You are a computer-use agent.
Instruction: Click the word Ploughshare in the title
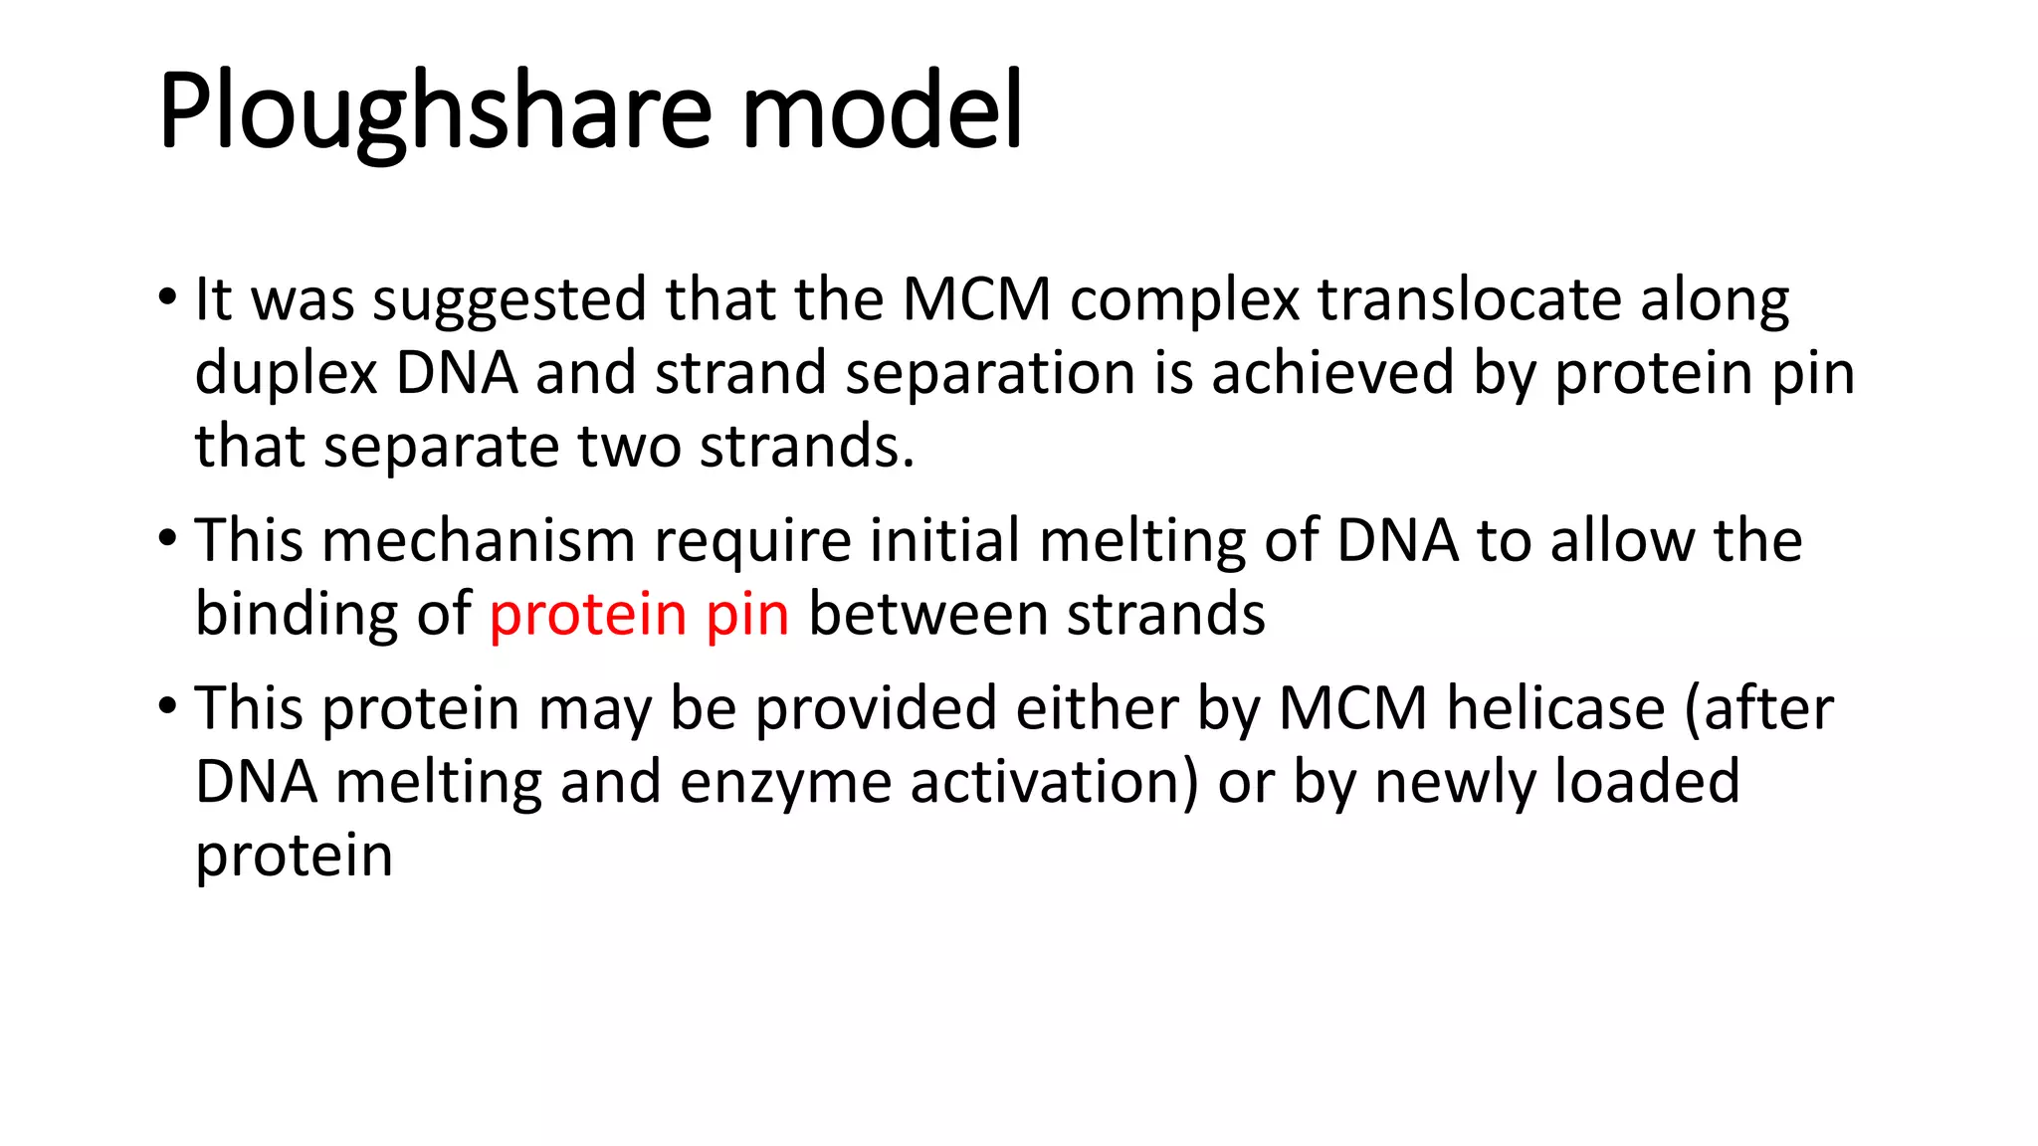click(435, 111)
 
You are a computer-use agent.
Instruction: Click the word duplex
click(287, 374)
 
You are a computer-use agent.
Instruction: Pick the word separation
click(990, 374)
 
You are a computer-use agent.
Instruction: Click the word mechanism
click(478, 541)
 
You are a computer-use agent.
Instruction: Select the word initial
click(945, 541)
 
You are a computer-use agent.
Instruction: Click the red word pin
click(747, 615)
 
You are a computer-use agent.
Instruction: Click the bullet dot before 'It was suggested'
click(167, 296)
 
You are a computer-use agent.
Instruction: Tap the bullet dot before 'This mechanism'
click(167, 538)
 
